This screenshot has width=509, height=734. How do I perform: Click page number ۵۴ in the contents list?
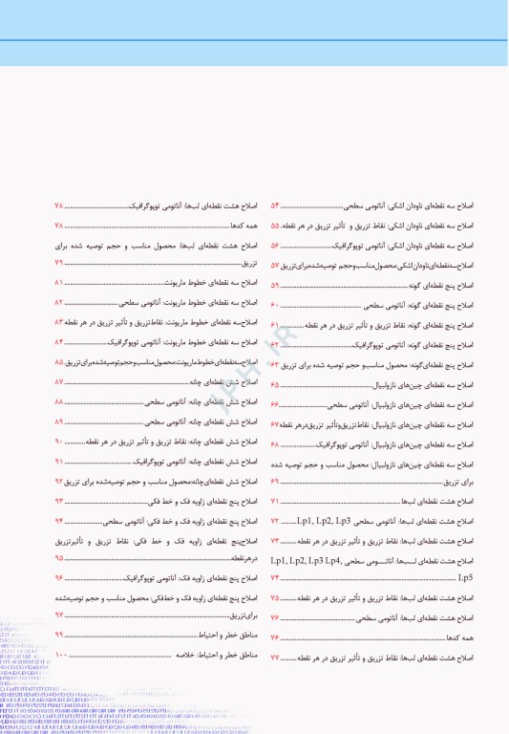click(x=275, y=205)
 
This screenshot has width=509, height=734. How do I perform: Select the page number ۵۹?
click(x=275, y=285)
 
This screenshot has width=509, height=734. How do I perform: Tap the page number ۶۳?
click(x=275, y=365)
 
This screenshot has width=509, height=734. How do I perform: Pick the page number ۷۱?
click(x=275, y=501)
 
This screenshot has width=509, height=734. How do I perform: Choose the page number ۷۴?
click(x=275, y=579)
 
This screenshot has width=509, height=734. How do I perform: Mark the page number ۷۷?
click(x=275, y=658)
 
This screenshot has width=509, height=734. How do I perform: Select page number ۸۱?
click(x=59, y=283)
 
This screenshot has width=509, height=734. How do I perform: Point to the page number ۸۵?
click(x=59, y=362)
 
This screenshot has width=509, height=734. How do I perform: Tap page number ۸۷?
click(x=59, y=381)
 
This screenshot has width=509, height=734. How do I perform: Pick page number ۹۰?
click(x=59, y=441)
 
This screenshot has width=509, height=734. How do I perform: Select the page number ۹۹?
click(x=59, y=636)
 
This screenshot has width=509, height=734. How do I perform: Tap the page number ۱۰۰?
click(x=61, y=656)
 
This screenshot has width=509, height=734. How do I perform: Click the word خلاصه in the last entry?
click(x=185, y=656)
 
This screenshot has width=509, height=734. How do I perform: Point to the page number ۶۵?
click(x=275, y=384)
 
